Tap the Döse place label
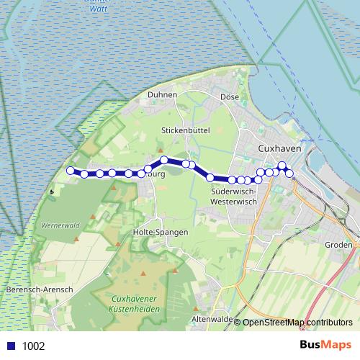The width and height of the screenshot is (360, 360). click(x=229, y=96)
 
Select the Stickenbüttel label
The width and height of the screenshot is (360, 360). click(x=184, y=130)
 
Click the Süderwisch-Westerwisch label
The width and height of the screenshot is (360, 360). click(x=235, y=197)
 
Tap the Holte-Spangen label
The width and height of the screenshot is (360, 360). click(x=161, y=233)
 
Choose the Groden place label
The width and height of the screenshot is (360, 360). click(x=338, y=245)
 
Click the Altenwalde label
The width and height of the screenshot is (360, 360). click(x=210, y=318)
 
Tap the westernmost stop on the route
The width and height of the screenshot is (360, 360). click(x=71, y=171)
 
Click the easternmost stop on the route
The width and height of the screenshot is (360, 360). click(x=289, y=174)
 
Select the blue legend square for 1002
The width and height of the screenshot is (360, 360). click(x=10, y=346)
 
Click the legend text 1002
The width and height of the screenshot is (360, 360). click(x=33, y=346)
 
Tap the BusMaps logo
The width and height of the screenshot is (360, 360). click(x=325, y=345)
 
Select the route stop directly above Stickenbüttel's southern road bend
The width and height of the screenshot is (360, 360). click(x=164, y=160)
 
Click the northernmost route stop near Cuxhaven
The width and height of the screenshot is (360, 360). click(x=282, y=166)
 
